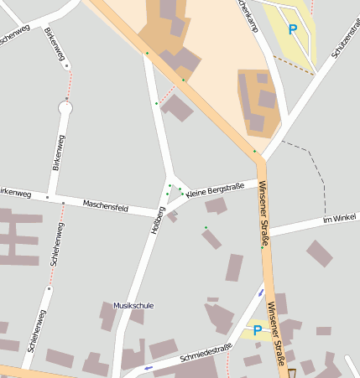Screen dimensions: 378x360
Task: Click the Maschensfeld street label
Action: tap(105, 205)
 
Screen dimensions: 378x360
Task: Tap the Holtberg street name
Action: tap(154, 220)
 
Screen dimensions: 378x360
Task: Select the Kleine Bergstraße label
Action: tap(216, 189)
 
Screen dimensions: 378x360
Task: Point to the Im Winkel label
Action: tap(339, 220)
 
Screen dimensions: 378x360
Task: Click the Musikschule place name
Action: tap(133, 306)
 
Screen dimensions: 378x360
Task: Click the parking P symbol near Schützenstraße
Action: tap(293, 29)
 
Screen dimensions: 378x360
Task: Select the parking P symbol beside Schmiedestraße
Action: tap(257, 330)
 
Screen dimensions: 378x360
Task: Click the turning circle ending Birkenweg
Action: tap(65, 107)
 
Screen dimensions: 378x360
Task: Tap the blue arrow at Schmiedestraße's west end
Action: tap(149, 367)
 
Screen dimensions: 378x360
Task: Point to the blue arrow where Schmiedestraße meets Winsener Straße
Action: tap(261, 293)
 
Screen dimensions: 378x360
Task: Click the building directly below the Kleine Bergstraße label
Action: tap(216, 205)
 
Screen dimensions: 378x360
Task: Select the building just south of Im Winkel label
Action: tap(319, 252)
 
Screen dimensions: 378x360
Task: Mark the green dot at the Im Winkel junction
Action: tap(262, 247)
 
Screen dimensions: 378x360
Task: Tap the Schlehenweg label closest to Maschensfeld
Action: tap(55, 245)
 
